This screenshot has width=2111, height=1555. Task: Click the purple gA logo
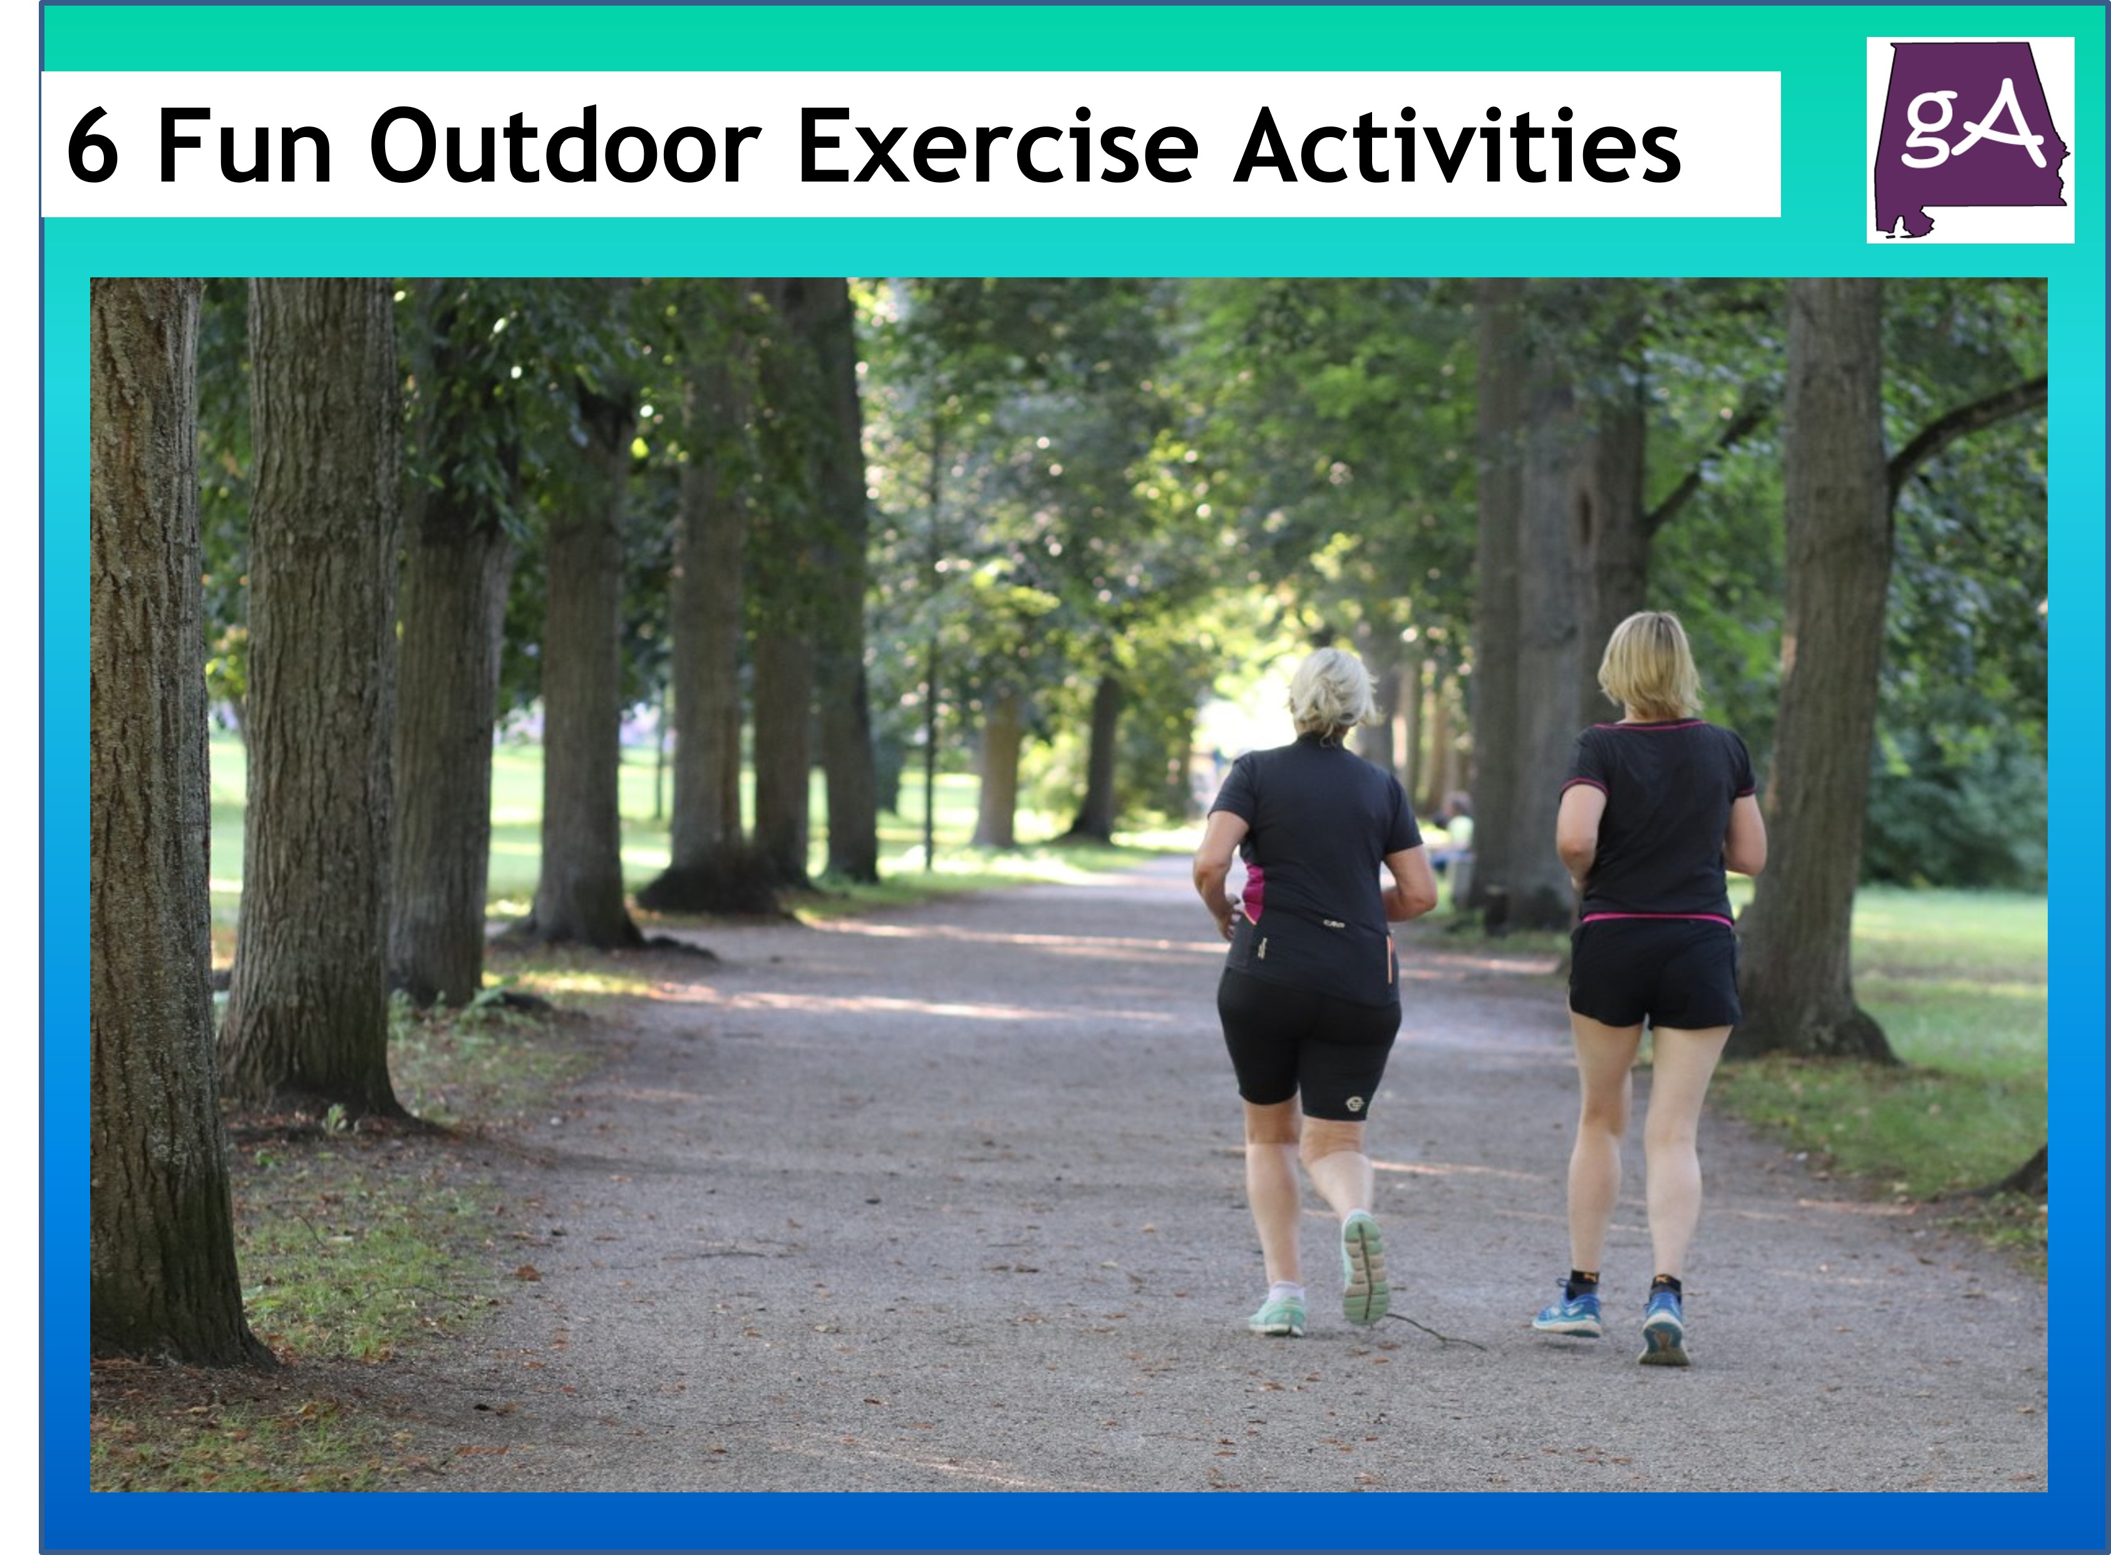point(1969,140)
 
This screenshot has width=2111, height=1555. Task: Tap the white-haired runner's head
point(1331,694)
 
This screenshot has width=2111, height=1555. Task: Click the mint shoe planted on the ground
point(1277,1315)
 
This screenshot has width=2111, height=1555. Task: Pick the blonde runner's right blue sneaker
point(1664,1329)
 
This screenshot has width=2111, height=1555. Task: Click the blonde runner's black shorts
point(1653,974)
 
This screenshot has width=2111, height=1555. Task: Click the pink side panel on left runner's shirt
point(1253,892)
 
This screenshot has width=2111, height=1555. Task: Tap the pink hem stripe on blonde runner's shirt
point(1656,917)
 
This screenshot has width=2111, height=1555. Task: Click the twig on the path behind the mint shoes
point(1431,1331)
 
